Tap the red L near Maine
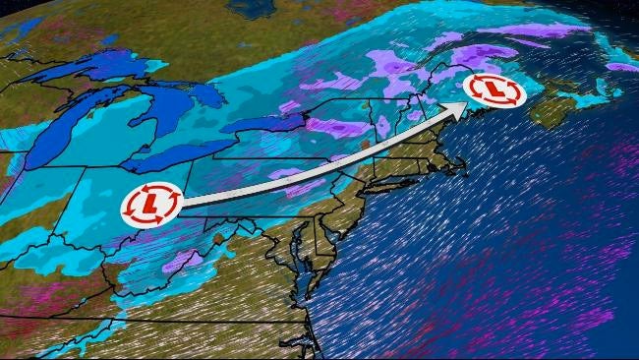[495, 90]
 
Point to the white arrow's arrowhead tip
[465, 104]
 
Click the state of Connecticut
[398, 167]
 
